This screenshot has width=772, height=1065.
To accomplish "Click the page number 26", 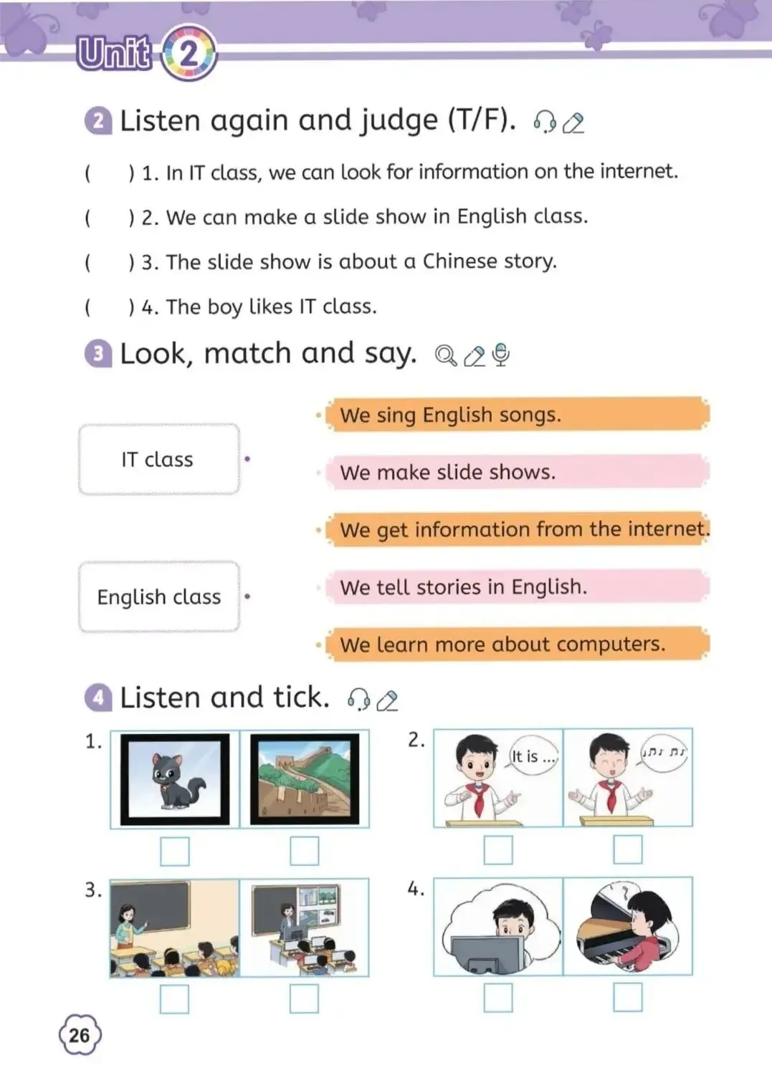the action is point(80,1035).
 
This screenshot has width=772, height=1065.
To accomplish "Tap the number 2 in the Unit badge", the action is point(189,54).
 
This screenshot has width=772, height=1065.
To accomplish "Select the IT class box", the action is point(159,459).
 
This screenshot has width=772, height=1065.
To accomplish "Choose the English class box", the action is point(159,597).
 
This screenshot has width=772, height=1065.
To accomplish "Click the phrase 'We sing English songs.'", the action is point(450,415).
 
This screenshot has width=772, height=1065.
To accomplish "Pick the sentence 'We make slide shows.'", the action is point(448,472).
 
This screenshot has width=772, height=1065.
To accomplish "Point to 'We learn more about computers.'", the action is point(502,645).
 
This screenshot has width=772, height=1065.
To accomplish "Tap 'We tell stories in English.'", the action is point(464,587).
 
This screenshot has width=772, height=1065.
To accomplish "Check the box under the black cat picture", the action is point(175,852).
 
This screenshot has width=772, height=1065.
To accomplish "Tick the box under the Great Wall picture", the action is point(304,852).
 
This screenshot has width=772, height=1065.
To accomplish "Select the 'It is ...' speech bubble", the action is point(533,756).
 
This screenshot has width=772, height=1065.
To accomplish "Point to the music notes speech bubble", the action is point(664,753).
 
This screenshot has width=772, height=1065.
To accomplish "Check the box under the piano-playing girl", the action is point(628,998).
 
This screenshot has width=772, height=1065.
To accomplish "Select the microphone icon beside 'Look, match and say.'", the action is point(501,355).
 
